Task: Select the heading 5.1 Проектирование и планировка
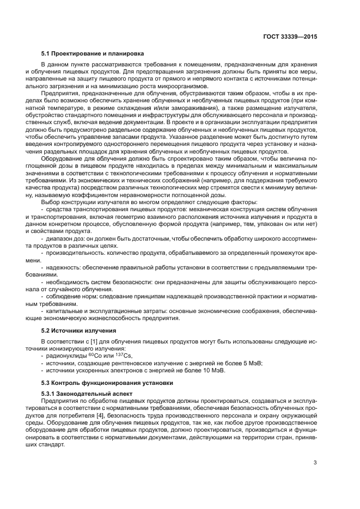pyautogui.click(x=89, y=54)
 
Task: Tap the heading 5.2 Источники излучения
pyautogui.click(x=77, y=330)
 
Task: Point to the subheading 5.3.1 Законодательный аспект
pyautogui.click(x=83, y=393)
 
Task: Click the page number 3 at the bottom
pyautogui.click(x=315, y=463)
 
